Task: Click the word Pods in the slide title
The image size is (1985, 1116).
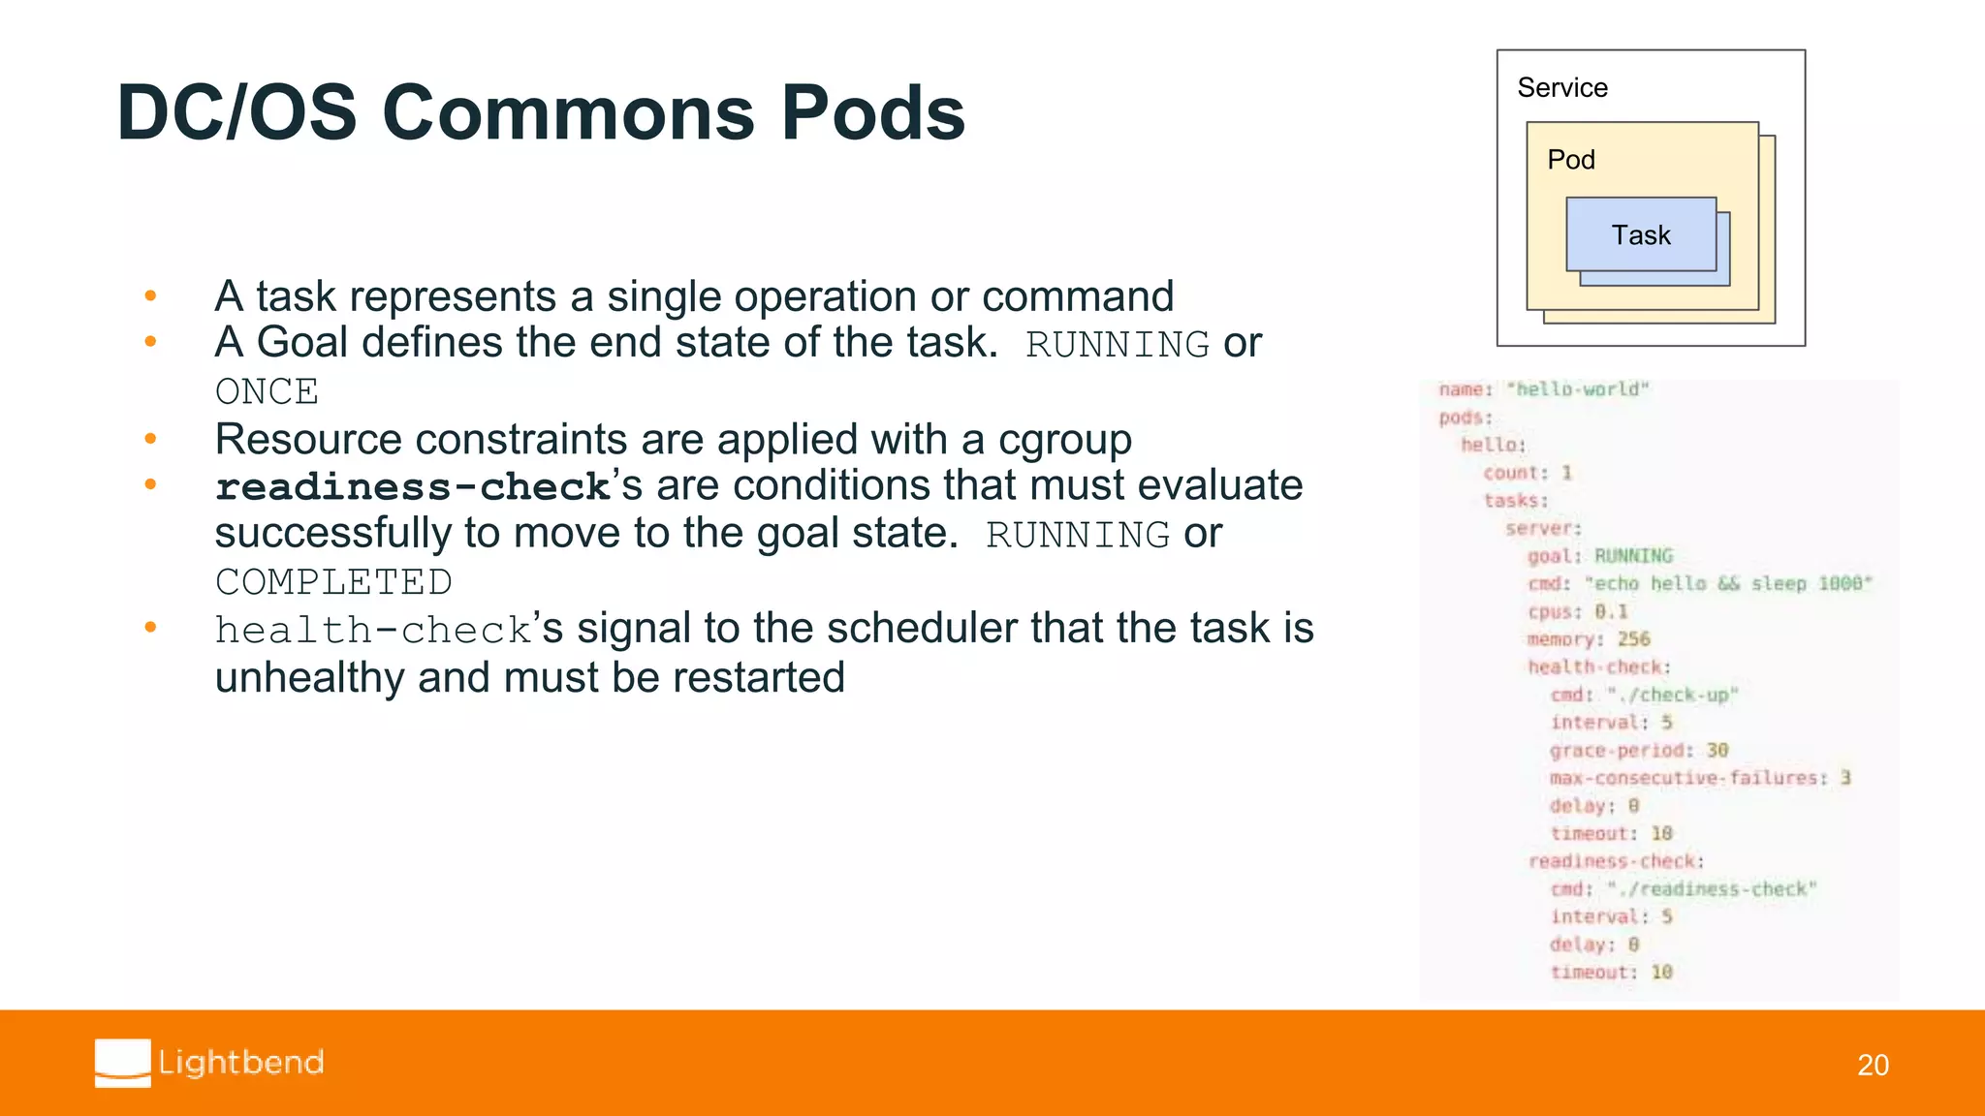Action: pos(872,113)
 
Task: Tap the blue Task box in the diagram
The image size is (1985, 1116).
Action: pos(1640,234)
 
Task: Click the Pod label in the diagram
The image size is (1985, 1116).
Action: pos(1570,160)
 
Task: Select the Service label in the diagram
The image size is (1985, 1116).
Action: pos(1561,88)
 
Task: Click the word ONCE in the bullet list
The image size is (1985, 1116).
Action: pos(267,392)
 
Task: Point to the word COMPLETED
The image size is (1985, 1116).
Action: pos(333,582)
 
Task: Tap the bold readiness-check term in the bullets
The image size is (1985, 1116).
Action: pos(412,487)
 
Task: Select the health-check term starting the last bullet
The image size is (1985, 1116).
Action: pos(373,631)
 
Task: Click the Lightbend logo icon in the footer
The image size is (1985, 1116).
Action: pos(123,1063)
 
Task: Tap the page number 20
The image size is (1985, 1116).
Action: pos(1873,1065)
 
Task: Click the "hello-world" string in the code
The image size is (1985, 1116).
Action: pos(1577,389)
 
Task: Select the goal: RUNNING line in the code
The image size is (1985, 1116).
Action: pos(1599,556)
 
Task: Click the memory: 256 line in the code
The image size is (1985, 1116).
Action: pos(1588,639)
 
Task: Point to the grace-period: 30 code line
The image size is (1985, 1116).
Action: pos(1638,751)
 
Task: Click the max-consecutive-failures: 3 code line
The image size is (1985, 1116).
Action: pos(1699,778)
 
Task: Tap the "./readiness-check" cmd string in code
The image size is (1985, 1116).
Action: pos(1711,889)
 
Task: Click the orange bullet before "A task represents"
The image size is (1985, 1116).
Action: pos(150,295)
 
